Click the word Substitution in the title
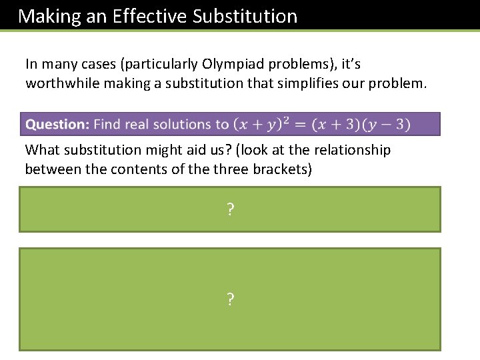click(x=245, y=16)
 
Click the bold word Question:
click(x=57, y=124)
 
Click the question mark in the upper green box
click(x=230, y=211)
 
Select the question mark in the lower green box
click(x=230, y=300)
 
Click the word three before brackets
click(x=231, y=169)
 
